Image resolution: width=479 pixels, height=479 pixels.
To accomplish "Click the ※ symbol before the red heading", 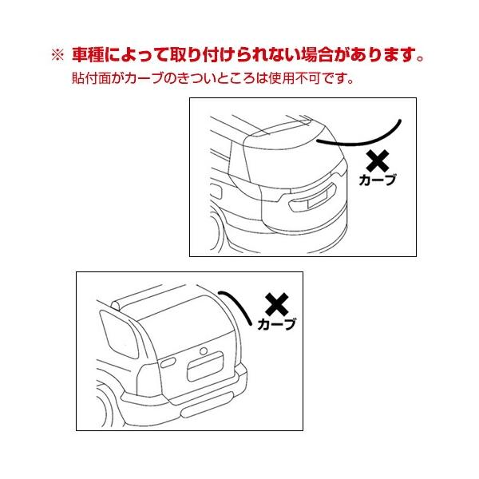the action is [57, 55].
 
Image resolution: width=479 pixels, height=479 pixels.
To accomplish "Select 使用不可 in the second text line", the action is [295, 78].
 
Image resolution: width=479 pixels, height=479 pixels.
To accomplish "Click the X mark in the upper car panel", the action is [378, 161].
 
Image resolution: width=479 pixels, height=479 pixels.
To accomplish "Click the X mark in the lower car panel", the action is [277, 304].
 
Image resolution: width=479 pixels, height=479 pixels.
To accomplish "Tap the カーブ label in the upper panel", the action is [378, 180].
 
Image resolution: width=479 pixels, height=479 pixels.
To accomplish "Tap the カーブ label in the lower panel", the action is [277, 324].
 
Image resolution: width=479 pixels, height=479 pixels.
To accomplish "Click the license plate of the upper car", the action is [317, 199].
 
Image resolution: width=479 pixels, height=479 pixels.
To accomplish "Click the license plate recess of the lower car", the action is [205, 366].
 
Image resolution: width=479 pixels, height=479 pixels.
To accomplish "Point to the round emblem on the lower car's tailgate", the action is [204, 351].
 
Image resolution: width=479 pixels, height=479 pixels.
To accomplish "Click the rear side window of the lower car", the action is [118, 333].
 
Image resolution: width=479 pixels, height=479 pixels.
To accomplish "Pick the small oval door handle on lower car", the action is [168, 362].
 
